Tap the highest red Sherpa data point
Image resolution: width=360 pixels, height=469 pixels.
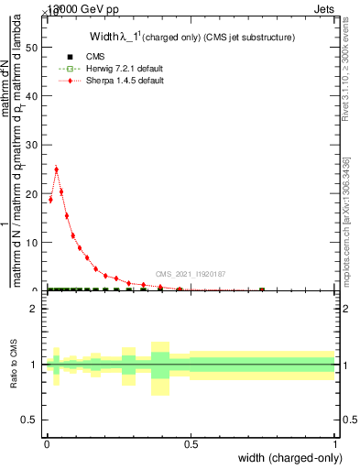click(57, 169)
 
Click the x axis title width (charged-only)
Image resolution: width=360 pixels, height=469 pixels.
click(287, 458)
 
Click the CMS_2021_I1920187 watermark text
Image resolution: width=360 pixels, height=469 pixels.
click(190, 274)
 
